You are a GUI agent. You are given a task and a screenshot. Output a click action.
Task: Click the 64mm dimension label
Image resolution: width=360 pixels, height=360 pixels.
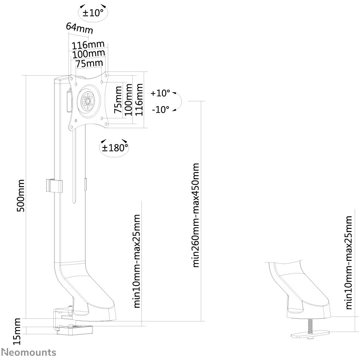(79, 28)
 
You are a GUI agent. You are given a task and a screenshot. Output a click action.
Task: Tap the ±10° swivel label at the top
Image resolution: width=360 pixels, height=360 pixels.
(93, 13)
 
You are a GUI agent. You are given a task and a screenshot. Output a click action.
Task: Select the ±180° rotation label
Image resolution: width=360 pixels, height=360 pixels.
(114, 147)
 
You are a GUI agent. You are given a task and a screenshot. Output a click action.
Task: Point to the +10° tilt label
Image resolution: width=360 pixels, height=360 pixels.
(160, 93)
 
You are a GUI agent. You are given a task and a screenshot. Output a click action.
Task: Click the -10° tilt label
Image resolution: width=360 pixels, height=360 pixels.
(160, 110)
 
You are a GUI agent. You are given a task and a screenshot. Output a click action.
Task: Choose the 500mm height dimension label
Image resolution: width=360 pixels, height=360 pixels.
(21, 196)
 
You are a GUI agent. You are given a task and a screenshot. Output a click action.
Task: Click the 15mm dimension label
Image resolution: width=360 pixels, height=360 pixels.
(17, 331)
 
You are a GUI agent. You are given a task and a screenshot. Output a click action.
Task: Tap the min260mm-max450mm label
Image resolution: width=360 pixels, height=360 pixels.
(196, 215)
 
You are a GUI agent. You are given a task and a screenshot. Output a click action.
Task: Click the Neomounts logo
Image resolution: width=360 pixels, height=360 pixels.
(29, 352)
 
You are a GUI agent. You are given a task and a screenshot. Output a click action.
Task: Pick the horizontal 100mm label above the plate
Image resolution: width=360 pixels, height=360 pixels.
(88, 54)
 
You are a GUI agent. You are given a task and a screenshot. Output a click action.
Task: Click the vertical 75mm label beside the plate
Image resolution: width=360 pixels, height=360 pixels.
(118, 100)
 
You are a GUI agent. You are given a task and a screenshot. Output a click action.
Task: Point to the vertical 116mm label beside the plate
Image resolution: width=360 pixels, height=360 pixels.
(139, 100)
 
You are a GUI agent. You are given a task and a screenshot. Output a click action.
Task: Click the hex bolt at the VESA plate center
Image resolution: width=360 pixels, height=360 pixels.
(88, 101)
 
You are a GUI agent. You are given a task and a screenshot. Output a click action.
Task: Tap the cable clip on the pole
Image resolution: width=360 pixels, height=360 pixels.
(54, 186)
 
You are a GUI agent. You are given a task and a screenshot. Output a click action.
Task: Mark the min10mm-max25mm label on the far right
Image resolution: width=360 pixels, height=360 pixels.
(348, 262)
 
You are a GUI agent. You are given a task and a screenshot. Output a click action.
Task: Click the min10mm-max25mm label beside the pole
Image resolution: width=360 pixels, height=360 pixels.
(137, 261)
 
